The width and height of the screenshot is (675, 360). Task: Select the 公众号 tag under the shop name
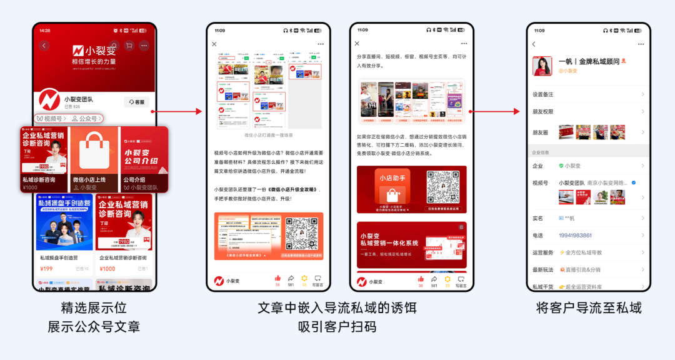85,118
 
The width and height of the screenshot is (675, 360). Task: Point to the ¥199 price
46,269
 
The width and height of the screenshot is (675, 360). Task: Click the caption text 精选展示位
94,308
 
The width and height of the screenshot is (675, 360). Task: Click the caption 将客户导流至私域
589,308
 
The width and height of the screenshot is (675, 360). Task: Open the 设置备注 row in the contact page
542,94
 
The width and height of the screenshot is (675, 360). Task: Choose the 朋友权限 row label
542,112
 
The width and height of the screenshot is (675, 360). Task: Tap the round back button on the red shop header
44,46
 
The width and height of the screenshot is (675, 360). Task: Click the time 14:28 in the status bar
45,30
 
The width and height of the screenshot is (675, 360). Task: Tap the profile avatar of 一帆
542,66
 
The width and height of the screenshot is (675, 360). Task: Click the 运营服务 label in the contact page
542,252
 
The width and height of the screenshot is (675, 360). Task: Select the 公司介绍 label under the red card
134,179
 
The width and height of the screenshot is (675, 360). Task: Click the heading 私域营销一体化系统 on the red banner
389,243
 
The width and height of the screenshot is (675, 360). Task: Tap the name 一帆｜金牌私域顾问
589,61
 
